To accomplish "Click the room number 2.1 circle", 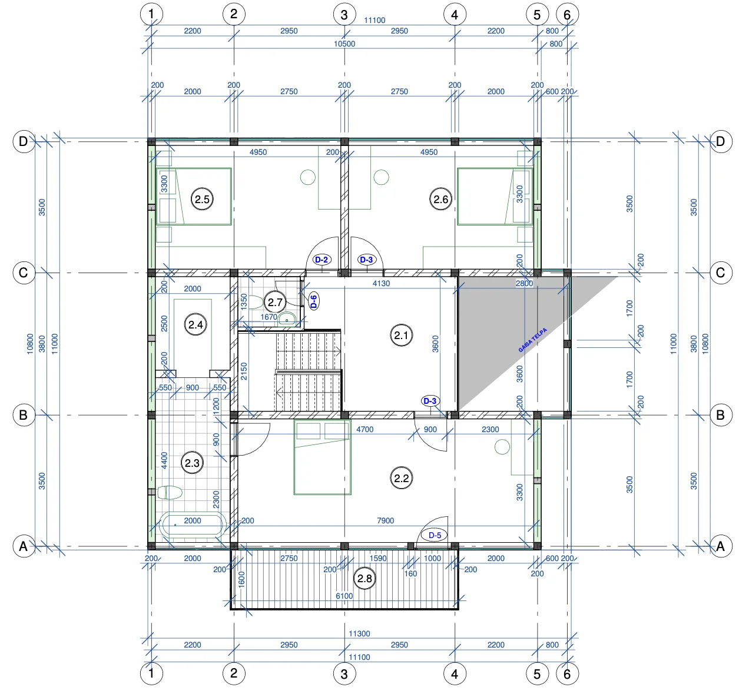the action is coord(401,336).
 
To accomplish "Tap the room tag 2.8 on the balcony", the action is coord(364,578).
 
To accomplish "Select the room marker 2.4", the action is coord(195,324).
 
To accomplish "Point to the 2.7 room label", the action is coord(275,302).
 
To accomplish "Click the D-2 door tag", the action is coord(322,260).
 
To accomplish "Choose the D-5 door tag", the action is coord(434,535).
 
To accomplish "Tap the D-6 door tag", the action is coord(314,301).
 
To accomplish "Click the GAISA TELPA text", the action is coord(532,340).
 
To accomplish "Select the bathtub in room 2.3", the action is coord(193,525).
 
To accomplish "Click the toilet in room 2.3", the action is coord(170,492).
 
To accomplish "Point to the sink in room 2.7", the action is coord(287,319).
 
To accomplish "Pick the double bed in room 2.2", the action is coord(322,457).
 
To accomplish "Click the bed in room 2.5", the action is coord(194,197).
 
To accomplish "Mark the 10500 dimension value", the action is coord(344,44).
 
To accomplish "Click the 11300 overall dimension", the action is coord(359,633).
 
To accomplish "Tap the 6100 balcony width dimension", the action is coord(344,596).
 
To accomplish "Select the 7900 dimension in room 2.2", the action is coord(385,520).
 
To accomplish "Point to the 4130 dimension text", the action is coord(382,283).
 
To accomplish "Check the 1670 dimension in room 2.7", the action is coord(269,317).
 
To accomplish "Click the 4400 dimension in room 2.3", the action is coord(164,460).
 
